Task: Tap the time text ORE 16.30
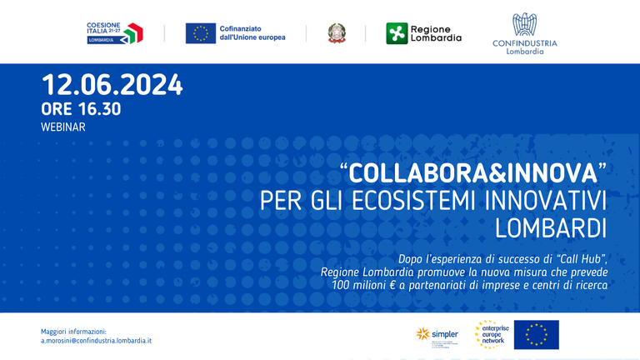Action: [81, 109]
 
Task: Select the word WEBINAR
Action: [62, 127]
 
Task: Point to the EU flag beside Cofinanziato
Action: [200, 33]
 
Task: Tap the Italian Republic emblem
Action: [336, 33]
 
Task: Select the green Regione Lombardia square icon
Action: [397, 33]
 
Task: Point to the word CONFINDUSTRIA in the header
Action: [524, 43]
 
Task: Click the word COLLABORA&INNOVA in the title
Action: [473, 174]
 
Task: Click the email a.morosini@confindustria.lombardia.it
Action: [96, 341]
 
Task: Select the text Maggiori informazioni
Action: [73, 331]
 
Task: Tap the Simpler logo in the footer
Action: [437, 335]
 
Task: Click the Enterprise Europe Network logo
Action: [491, 335]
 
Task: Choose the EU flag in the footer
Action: [536, 335]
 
